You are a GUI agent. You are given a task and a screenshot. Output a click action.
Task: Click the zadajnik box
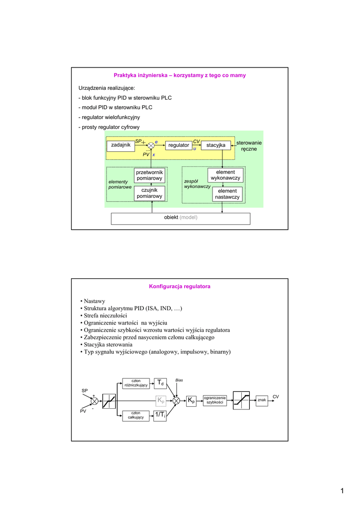121,145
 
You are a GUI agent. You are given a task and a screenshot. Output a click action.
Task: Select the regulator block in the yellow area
179,145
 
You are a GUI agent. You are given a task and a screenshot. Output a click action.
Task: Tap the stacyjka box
216,145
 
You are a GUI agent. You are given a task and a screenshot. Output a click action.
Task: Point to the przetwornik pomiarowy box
149,175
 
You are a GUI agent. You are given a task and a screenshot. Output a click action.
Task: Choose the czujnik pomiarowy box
149,193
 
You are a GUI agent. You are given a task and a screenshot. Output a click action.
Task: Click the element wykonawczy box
225,175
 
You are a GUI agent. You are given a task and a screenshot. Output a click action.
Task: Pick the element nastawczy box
227,194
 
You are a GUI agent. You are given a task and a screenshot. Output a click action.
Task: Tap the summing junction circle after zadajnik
151,145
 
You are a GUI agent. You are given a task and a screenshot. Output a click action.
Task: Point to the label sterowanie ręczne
249,145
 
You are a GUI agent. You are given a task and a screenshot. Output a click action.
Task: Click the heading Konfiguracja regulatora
180,287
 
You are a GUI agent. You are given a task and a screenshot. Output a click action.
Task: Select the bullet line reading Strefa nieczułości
109,316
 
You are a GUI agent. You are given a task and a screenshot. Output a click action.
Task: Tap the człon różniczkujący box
136,383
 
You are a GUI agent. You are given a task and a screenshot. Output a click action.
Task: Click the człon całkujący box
136,415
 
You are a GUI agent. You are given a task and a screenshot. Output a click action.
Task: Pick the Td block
159,383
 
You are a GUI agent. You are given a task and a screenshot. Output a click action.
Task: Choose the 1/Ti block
159,415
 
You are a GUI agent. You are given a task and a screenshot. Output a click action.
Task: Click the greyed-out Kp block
160,400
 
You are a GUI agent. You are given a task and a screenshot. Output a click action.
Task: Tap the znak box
262,400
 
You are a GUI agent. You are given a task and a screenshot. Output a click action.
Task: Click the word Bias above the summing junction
179,380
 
